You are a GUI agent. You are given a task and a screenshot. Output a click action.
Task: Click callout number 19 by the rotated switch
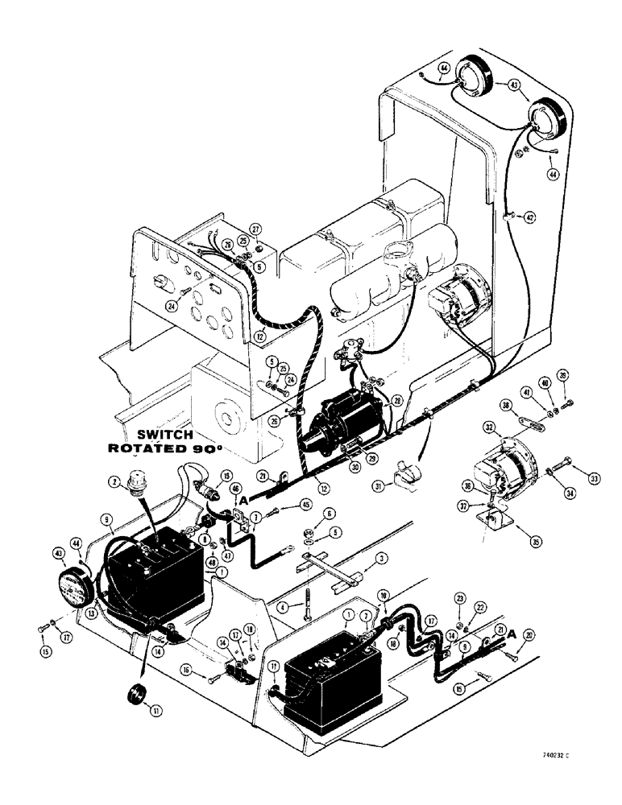(x=226, y=476)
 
